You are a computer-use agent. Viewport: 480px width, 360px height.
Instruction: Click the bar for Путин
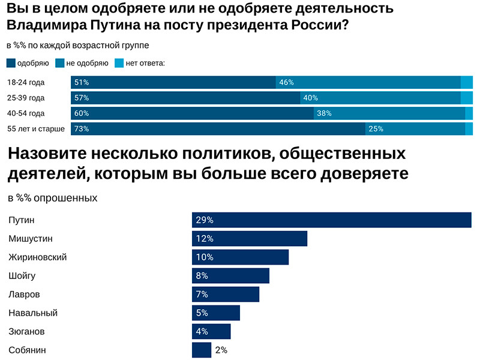point(331,220)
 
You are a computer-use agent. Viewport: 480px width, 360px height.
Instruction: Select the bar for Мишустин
point(249,239)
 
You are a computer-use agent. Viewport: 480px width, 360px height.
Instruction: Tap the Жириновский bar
point(240,257)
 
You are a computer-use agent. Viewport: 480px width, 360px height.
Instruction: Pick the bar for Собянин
point(201,350)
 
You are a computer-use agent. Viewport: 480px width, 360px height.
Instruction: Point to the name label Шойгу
point(22,276)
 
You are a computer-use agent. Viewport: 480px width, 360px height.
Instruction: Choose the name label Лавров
point(24,295)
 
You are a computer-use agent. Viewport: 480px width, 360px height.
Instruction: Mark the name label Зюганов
point(26,332)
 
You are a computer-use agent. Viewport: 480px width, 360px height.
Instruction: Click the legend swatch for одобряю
point(11,63)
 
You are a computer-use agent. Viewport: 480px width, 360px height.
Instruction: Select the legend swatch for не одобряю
point(59,63)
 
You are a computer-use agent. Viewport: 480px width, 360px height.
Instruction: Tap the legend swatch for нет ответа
point(119,63)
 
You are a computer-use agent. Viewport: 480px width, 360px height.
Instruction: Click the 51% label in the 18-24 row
point(81,83)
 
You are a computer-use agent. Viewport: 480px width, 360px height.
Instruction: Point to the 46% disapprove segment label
point(286,83)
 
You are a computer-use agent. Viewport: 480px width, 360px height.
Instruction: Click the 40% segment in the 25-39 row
point(380,98)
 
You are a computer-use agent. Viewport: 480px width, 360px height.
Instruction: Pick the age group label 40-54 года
point(26,113)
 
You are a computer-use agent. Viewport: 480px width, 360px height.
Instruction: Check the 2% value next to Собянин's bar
point(221,350)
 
